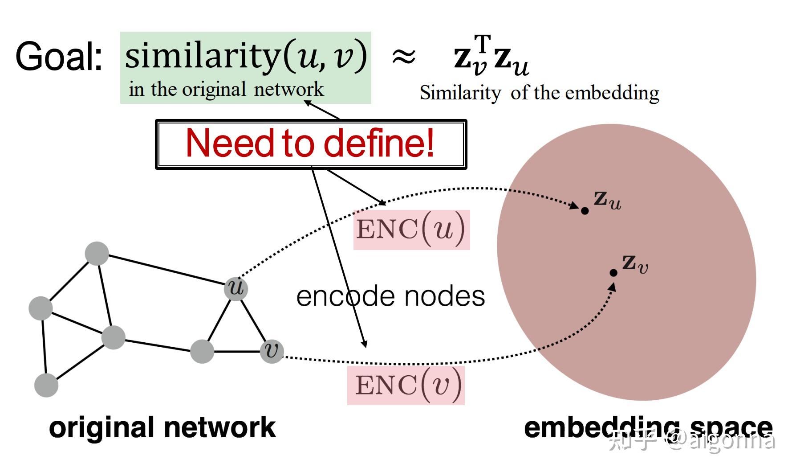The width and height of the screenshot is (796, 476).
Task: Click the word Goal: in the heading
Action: tap(59, 57)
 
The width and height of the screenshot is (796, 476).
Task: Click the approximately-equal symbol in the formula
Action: tap(403, 57)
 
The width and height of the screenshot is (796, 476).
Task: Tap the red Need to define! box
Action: tap(310, 144)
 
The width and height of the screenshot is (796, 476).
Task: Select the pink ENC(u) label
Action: tap(411, 230)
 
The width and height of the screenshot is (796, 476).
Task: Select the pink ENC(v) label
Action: tap(406, 386)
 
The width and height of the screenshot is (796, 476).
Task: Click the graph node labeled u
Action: tap(236, 288)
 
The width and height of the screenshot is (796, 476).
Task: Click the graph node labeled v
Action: tap(272, 351)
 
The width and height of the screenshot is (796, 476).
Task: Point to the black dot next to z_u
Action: tap(585, 211)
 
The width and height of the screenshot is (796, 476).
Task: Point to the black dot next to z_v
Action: tap(613, 273)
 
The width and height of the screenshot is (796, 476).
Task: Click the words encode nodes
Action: tap(390, 296)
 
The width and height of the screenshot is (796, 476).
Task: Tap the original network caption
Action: tap(162, 427)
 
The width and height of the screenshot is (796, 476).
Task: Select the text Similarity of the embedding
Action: tap(539, 93)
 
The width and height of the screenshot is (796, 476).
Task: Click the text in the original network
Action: tap(226, 90)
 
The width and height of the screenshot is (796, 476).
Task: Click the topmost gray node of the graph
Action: tap(97, 254)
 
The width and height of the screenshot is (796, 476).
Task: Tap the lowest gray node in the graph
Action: tap(46, 385)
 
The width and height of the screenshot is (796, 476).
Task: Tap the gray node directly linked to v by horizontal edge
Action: tap(202, 352)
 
